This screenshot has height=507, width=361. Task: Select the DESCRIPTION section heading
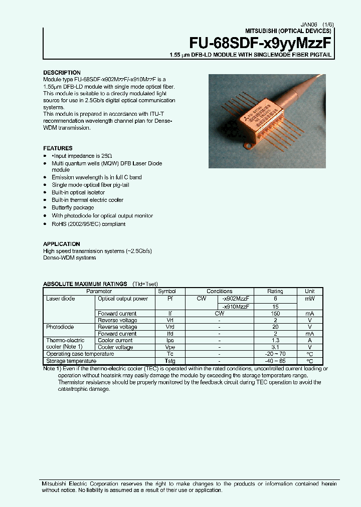tap(62, 73)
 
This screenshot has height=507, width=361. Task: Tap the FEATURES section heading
tap(58, 148)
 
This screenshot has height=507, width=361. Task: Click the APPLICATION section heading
tap(61, 244)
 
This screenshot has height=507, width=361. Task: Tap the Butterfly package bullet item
tap(73, 207)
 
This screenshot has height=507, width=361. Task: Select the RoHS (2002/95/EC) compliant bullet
tap(88, 224)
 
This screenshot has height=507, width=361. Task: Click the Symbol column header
tap(167, 291)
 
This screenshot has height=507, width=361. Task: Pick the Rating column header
tap(275, 291)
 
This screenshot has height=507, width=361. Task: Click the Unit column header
tap(309, 291)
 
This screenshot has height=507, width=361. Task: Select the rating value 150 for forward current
tap(275, 314)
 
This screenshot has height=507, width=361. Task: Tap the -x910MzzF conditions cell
tap(235, 306)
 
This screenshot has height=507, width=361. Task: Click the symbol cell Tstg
tap(167, 361)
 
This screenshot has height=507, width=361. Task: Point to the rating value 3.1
tap(275, 347)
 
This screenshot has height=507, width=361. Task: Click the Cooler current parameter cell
tap(115, 341)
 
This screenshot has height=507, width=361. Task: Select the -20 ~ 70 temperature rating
tap(275, 354)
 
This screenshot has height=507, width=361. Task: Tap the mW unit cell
tap(309, 299)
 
